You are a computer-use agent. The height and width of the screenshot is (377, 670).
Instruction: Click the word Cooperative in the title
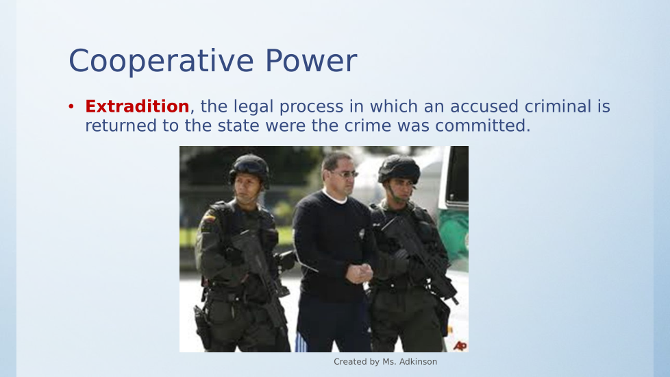[162, 62]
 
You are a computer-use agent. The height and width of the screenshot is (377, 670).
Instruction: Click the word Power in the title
[311, 61]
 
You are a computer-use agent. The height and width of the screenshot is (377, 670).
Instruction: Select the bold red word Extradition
[137, 106]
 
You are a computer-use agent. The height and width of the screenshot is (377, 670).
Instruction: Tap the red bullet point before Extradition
[71, 106]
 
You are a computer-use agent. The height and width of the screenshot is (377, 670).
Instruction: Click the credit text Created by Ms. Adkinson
[386, 362]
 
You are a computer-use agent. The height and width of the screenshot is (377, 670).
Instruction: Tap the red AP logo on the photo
[460, 345]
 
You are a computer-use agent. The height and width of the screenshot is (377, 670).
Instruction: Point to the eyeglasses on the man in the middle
[345, 173]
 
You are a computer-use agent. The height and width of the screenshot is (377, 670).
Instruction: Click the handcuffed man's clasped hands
[360, 273]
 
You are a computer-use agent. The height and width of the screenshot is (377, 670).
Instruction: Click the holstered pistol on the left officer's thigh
[201, 326]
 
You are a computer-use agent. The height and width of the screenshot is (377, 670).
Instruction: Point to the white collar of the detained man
[335, 197]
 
